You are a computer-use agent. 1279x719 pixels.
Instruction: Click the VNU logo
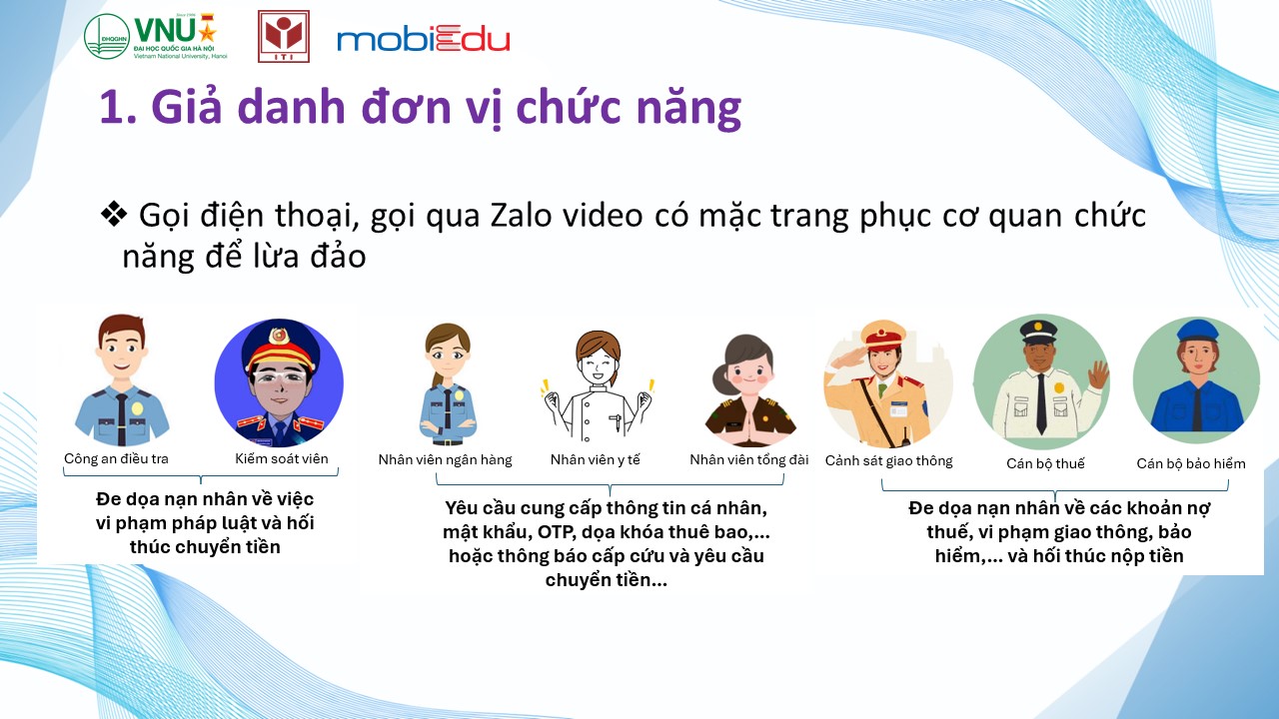156,37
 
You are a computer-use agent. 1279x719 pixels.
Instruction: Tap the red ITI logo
284,36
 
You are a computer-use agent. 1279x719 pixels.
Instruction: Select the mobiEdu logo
423,39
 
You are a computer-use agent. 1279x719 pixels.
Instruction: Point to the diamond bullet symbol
114,215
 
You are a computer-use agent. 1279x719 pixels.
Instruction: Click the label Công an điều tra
117,458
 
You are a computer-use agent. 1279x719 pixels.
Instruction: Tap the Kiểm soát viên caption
282,458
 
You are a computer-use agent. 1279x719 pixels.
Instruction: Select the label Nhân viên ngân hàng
445,460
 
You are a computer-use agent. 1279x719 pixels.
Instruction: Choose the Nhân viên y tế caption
595,460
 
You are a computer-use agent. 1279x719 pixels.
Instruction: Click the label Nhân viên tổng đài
749,460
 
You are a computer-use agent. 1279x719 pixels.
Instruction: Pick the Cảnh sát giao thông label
889,461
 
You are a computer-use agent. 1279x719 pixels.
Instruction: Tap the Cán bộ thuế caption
1045,463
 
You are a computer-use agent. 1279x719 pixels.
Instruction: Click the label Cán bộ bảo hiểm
1191,463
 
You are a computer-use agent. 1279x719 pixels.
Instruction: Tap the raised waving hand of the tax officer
1097,375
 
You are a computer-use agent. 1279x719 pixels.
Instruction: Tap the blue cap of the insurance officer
1197,331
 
